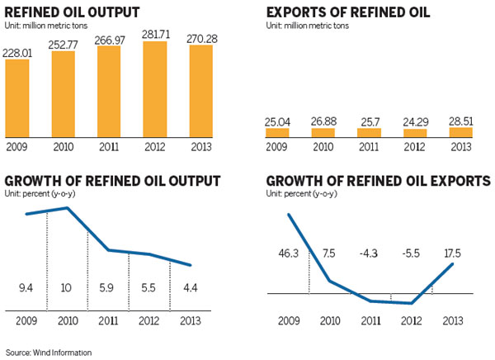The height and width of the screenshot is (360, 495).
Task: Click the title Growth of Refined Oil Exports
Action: tap(379, 181)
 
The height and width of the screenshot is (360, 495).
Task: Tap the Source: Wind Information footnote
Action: tap(49, 353)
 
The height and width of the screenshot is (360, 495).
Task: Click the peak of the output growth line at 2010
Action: tap(66, 208)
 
